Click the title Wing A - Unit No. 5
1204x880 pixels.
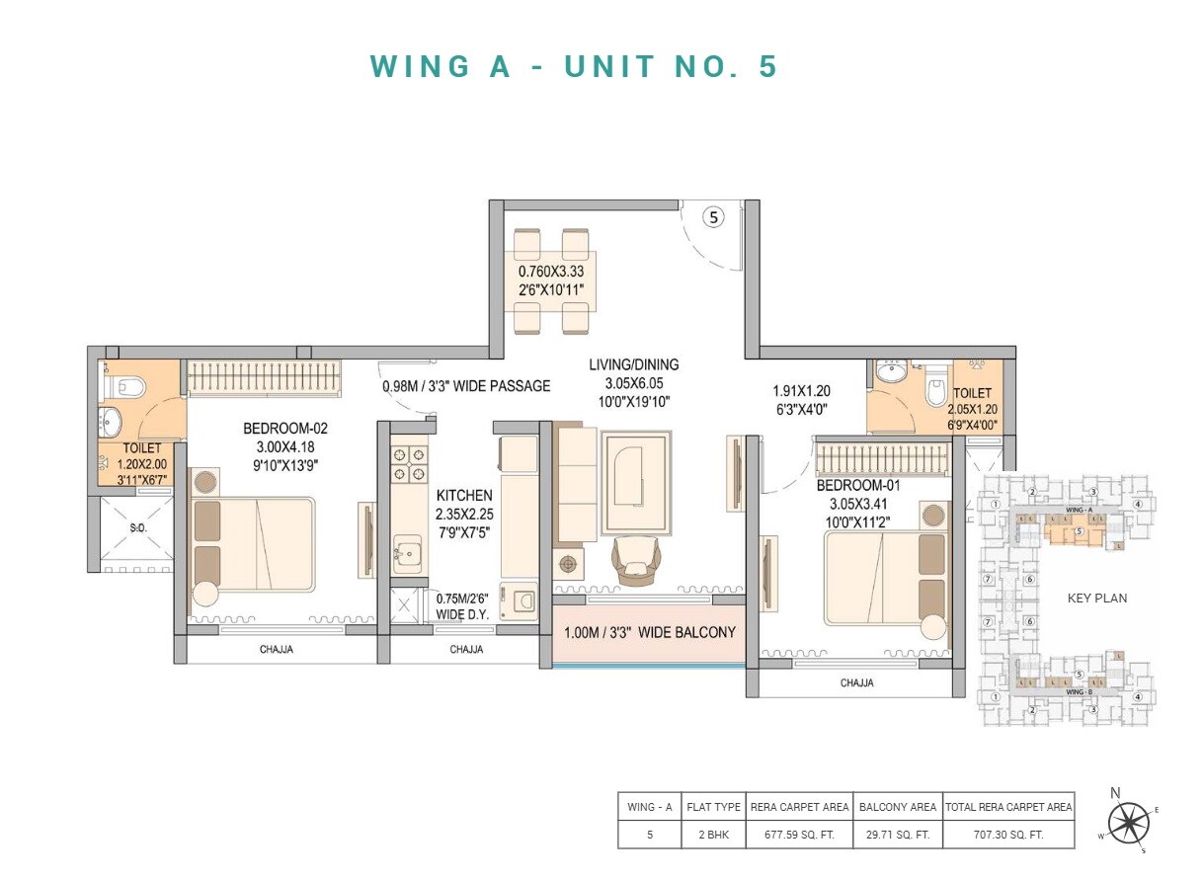pyautogui.click(x=575, y=66)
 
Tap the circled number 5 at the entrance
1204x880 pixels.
pyautogui.click(x=714, y=217)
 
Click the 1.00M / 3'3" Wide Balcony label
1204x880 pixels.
pyautogui.click(x=649, y=632)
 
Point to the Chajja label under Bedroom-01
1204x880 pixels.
pyautogui.click(x=857, y=682)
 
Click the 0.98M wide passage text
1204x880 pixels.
pyautogui.click(x=466, y=386)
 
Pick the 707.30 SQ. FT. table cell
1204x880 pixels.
pyautogui.click(x=1008, y=835)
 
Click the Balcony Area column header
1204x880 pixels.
pyautogui.click(x=897, y=807)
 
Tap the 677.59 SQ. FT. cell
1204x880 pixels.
pyautogui.click(x=799, y=835)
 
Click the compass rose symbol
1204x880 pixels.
pyautogui.click(x=1128, y=823)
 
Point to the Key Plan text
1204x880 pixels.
pyautogui.click(x=1096, y=598)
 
